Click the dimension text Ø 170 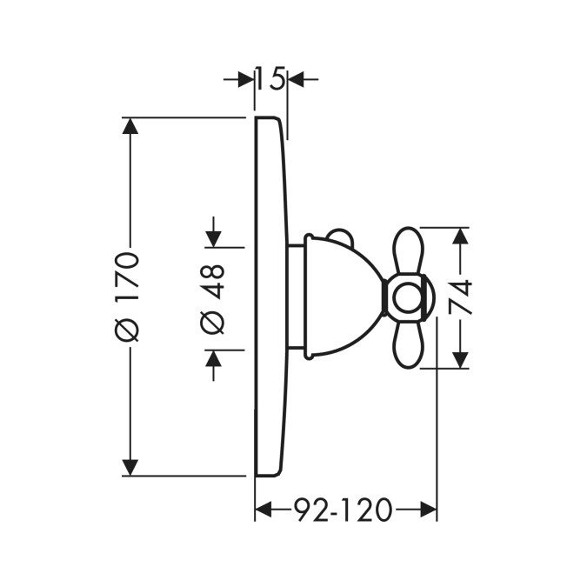tap(128, 297)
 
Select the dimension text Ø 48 tap(213, 299)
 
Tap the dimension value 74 tap(460, 297)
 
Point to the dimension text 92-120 tap(343, 510)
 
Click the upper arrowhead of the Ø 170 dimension tap(130, 126)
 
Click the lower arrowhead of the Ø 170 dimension tap(130, 468)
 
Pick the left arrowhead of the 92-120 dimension tap(263, 510)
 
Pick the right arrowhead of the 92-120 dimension tap(429, 510)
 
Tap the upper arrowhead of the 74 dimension tap(460, 236)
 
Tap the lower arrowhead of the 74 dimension tap(460, 360)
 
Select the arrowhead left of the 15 tap(246, 79)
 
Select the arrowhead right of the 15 tap(296, 79)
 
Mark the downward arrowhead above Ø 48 tap(213, 239)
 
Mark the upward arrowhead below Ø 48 tap(213, 358)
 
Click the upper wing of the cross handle tap(408, 250)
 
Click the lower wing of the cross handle tap(408, 345)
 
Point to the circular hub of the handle tap(408, 297)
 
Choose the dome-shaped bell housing tap(343, 297)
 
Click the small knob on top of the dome tap(339, 237)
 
